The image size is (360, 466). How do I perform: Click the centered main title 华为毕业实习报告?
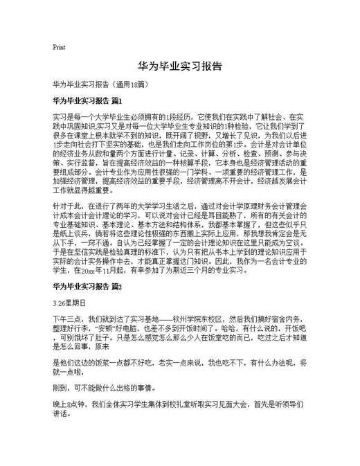[180, 66]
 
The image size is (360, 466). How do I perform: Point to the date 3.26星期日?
[69, 303]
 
